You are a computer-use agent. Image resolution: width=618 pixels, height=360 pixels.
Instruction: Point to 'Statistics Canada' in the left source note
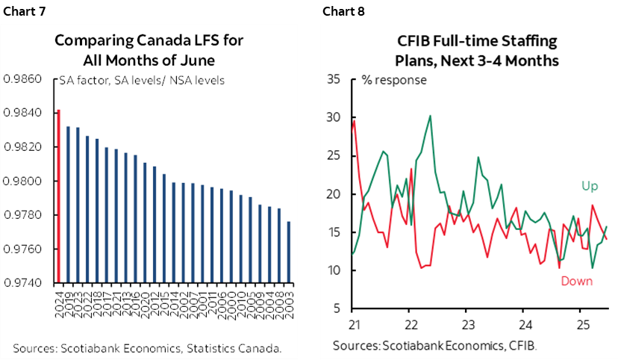click(x=237, y=347)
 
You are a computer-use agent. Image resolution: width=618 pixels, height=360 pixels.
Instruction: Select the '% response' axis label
click(x=393, y=81)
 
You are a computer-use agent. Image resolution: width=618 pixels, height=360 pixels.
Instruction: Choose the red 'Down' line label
click(x=575, y=281)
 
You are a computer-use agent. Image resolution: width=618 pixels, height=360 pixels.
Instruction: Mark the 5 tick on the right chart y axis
click(x=337, y=308)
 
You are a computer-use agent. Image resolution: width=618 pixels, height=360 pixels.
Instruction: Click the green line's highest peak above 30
click(x=431, y=116)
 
